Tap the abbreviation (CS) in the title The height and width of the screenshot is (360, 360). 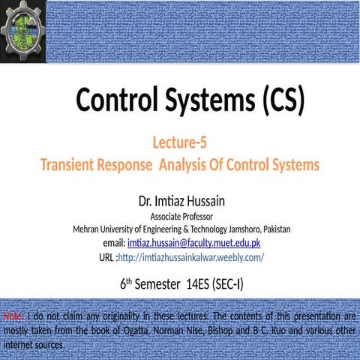pos(277,100)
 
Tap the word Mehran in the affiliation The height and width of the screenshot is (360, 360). pos(87,229)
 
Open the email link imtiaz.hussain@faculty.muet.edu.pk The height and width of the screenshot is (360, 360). pos(193,243)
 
